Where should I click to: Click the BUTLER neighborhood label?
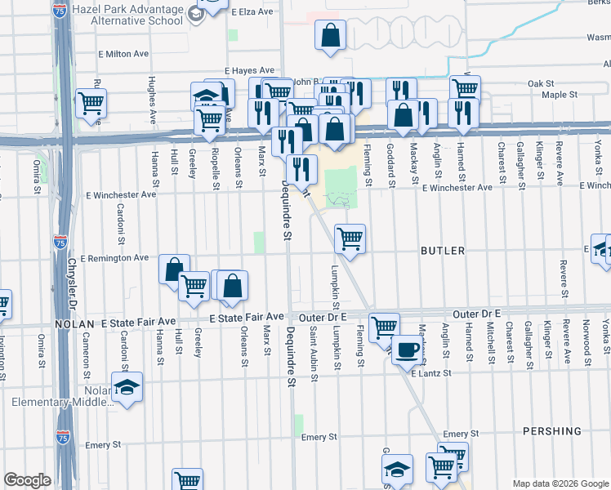tap(443, 251)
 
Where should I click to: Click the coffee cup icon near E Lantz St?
tap(407, 351)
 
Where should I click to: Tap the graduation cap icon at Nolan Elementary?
tap(127, 386)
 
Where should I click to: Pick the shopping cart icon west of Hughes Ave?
tap(91, 104)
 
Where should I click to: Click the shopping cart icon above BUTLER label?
tap(350, 238)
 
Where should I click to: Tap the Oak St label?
tap(541, 83)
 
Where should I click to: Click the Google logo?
tap(27, 481)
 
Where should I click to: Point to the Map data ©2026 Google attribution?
tap(560, 483)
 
